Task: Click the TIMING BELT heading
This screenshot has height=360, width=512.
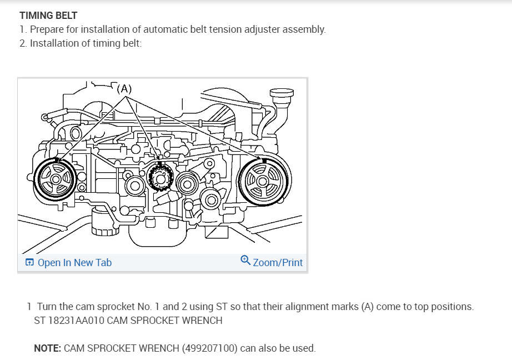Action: [x=48, y=16]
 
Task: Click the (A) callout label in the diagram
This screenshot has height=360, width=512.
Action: [x=125, y=88]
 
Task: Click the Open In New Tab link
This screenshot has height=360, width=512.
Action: [x=74, y=263]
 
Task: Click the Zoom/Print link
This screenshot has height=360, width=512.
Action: [x=278, y=262]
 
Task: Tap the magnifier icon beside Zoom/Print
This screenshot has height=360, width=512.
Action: [x=245, y=261]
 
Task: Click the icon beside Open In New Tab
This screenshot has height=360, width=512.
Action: [x=30, y=263]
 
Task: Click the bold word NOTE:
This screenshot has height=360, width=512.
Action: [x=47, y=349]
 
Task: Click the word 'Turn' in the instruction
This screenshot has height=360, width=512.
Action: [x=48, y=307]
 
